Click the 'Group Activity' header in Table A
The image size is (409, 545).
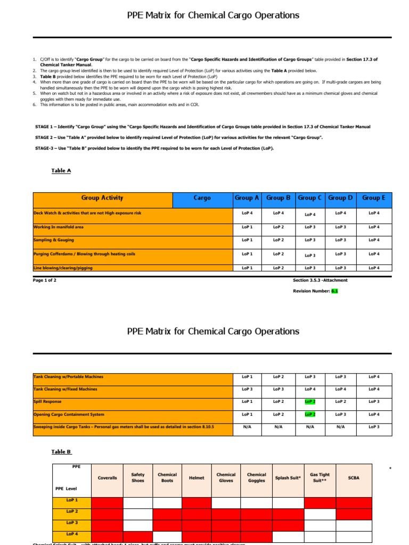(x=102, y=198)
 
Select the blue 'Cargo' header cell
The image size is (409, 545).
(x=202, y=198)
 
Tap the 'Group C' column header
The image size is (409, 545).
(x=309, y=198)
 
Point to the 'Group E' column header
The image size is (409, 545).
(x=374, y=198)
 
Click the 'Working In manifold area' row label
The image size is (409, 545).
(x=59, y=227)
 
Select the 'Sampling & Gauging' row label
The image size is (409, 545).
(x=54, y=240)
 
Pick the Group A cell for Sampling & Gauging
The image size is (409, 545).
(x=247, y=240)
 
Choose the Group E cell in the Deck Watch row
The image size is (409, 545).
(x=374, y=213)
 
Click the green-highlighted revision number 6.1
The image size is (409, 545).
(x=334, y=291)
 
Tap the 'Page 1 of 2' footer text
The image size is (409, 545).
(x=45, y=280)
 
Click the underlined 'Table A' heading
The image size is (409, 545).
(x=61, y=171)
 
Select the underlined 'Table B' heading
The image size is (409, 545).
(x=61, y=452)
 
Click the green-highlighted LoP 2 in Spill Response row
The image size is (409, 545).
(x=309, y=402)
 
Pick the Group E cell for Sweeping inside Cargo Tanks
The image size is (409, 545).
(x=374, y=427)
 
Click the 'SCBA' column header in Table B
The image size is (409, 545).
(x=354, y=478)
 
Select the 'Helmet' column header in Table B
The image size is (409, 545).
(x=197, y=478)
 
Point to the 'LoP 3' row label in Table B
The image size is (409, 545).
(x=72, y=523)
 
